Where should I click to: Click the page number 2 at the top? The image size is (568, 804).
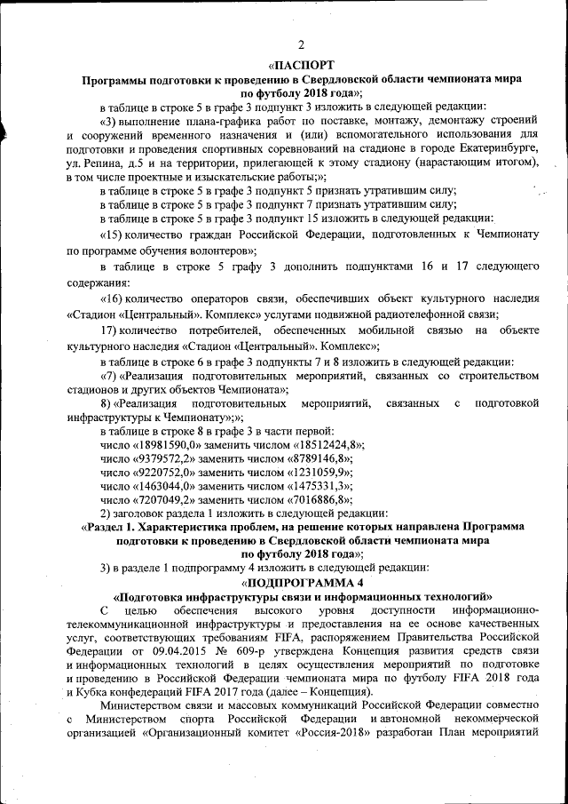(x=301, y=45)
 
